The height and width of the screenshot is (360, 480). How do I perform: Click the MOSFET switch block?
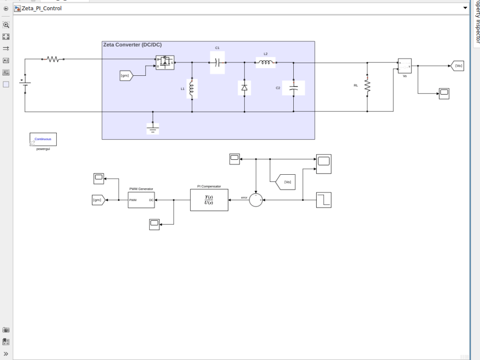click(165, 62)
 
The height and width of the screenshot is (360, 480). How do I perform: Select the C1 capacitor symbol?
click(217, 62)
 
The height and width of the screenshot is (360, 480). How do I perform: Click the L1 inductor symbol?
click(192, 89)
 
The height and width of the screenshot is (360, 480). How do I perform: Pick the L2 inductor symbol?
click(265, 62)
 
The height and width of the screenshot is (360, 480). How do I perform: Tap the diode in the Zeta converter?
click(244, 88)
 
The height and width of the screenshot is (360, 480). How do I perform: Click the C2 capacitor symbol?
click(294, 88)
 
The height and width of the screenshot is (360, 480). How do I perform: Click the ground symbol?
click(153, 128)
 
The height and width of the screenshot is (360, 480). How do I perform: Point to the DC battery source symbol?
click(25, 85)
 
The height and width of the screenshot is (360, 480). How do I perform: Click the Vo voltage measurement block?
click(404, 66)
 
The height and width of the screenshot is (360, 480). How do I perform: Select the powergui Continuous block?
click(43, 139)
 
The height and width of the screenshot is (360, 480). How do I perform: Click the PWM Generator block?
click(142, 199)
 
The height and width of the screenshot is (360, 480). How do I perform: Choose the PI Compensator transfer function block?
click(209, 200)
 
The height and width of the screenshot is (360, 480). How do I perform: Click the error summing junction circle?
click(256, 200)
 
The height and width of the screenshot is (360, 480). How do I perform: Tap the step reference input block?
click(324, 200)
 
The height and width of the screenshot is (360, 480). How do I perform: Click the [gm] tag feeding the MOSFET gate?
click(126, 75)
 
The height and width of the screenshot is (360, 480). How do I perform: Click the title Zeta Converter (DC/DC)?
click(132, 45)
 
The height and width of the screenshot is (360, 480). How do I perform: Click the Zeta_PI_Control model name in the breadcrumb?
click(41, 8)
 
